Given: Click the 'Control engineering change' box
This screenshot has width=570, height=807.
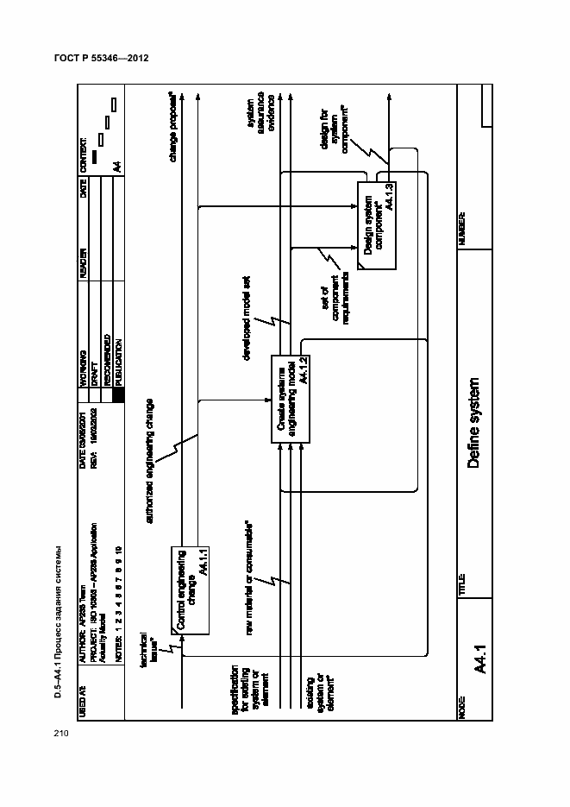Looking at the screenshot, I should pyautogui.click(x=191, y=591).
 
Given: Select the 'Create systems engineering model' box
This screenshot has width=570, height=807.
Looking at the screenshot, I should pyautogui.click(x=291, y=399).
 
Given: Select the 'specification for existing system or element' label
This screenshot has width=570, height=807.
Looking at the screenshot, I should pyautogui.click(x=245, y=681).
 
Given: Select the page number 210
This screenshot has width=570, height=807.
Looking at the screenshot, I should pyautogui.click(x=60, y=734).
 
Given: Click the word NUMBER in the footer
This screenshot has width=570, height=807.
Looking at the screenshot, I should pyautogui.click(x=462, y=229).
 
